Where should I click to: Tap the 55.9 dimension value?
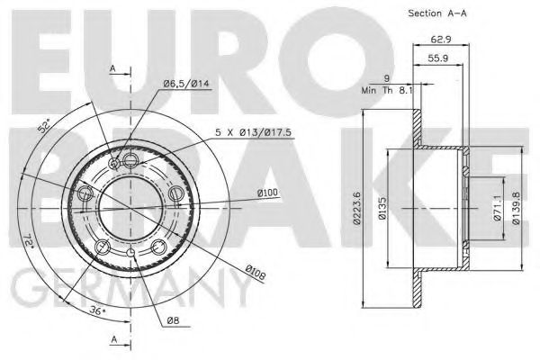coord(440,58)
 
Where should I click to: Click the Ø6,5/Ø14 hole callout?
coord(185,85)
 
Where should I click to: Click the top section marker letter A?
coord(113,68)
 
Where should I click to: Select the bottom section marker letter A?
coord(113,339)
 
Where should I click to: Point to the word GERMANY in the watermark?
coord(126,292)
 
